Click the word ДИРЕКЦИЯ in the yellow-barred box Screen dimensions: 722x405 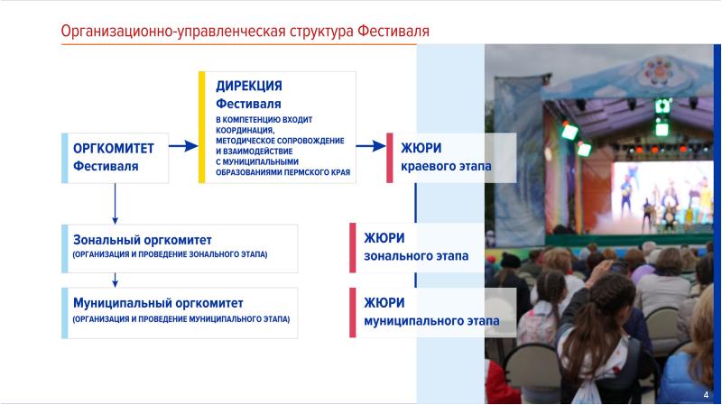pos(249,86)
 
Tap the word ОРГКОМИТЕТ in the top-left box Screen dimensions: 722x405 pos(114,148)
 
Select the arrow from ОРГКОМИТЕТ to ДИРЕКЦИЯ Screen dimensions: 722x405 pos(183,146)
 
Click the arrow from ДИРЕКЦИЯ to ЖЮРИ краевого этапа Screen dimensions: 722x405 pos(371,146)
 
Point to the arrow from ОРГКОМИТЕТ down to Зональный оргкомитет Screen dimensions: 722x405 pos(116,204)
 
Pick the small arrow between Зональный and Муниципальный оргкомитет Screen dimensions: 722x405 pos(116,281)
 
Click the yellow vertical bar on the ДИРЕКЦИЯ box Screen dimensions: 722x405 pos(201,127)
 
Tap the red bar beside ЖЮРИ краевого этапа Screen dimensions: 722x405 pos(390,158)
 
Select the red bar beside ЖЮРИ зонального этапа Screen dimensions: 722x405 pos(353,248)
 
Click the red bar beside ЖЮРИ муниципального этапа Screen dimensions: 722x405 pos(353,312)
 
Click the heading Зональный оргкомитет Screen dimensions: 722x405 pos(143,240)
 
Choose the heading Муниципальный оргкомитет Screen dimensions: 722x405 pos(158,303)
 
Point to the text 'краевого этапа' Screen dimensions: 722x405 pos(446,166)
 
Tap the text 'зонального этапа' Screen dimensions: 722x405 pos(416,256)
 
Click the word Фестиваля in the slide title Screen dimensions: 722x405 pos(393,31)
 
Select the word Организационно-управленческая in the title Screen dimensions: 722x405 pos(173,31)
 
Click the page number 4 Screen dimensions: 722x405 pos(706,395)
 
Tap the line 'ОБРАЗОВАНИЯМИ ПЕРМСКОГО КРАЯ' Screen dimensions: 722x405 pos(282,172)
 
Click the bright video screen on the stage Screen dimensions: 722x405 pos(662,197)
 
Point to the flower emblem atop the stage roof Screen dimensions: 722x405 pos(659,71)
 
